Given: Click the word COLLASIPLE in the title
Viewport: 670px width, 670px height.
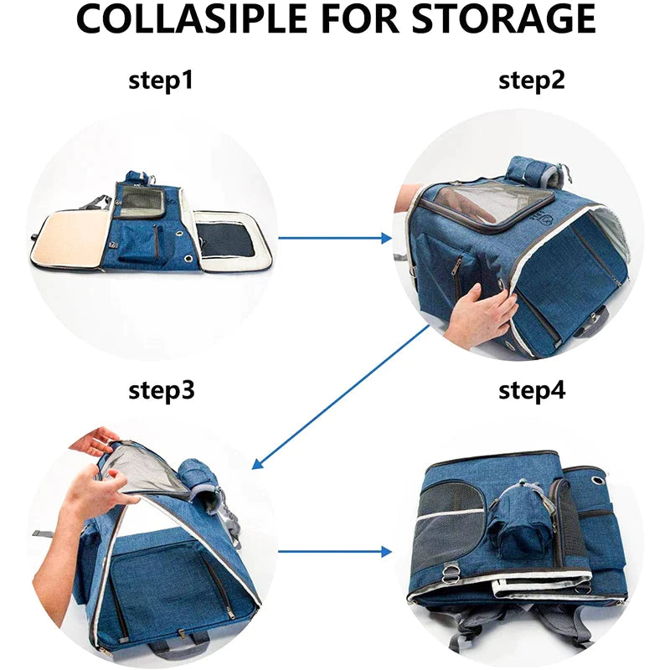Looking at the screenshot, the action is point(191,18).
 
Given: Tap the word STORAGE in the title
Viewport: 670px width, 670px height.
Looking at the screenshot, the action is point(503,18).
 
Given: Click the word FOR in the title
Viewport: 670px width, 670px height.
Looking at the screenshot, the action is point(358,18).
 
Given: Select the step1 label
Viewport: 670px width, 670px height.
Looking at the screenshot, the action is point(161,80).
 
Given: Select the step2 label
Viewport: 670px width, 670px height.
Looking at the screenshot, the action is point(532,80).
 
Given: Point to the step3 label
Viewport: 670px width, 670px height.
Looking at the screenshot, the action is point(161,389).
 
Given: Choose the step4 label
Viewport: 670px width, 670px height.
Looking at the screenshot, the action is point(532,389).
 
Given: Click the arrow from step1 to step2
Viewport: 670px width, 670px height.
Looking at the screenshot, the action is point(335,238).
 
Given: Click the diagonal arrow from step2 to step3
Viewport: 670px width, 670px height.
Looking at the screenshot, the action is point(341,397).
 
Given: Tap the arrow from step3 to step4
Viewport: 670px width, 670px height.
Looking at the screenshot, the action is point(335,552).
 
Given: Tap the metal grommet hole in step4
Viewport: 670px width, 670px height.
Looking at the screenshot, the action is point(598,481).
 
